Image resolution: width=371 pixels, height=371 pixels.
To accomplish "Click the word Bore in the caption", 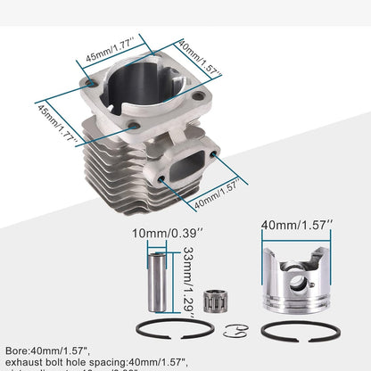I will pyautogui.click(x=19, y=350).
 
